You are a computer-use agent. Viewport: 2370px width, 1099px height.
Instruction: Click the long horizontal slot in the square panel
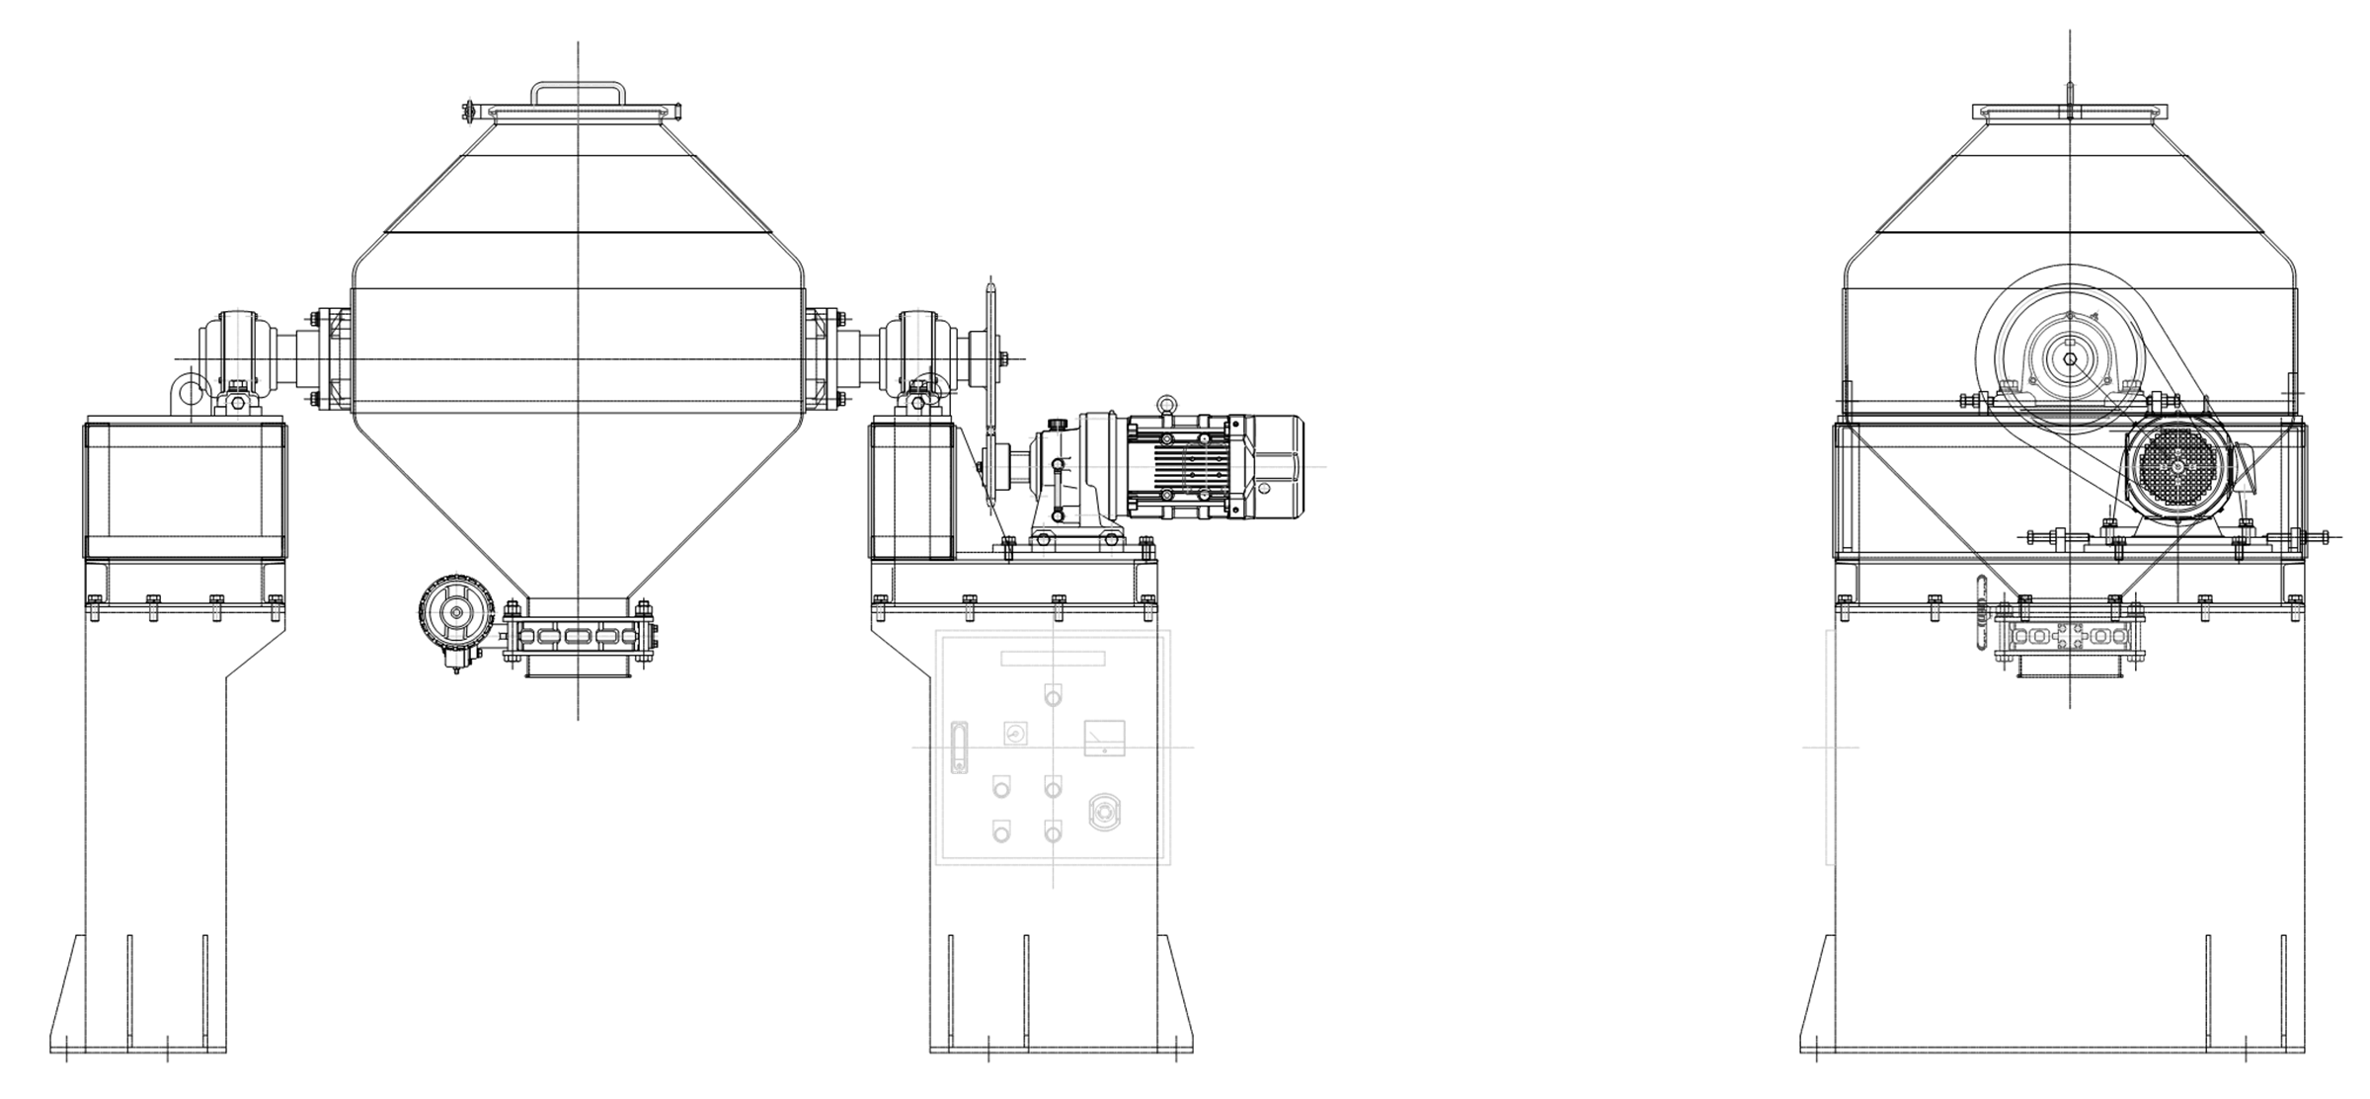pos(1053,659)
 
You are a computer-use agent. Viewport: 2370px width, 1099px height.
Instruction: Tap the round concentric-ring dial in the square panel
pos(1105,813)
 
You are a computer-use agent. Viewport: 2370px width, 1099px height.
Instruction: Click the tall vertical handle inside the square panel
pos(959,747)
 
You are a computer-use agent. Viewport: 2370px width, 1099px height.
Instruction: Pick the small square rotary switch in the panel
pos(1015,733)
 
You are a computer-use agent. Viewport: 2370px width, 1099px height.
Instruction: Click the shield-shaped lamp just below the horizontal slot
pos(1054,694)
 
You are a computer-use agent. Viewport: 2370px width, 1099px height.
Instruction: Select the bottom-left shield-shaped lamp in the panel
pos(1001,831)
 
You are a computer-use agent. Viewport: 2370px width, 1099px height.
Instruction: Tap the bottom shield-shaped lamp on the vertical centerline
pos(1054,831)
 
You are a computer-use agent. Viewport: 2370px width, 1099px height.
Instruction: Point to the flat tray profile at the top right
pos(2071,112)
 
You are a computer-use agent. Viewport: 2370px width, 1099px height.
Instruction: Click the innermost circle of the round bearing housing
pos(2069,359)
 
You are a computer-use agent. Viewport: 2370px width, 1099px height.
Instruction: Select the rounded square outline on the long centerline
pos(1207,468)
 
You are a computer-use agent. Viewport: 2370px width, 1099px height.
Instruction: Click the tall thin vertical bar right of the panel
pos(1831,747)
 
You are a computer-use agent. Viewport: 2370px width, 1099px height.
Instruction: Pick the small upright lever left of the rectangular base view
pos(1982,612)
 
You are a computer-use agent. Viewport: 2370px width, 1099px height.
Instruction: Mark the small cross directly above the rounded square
pos(1166,405)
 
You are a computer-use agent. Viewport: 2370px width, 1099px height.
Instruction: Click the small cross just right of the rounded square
pos(1264,489)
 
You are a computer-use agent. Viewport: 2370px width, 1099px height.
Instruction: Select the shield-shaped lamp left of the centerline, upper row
pos(1001,787)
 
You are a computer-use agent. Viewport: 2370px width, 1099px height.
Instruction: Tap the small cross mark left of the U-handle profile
pos(470,112)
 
